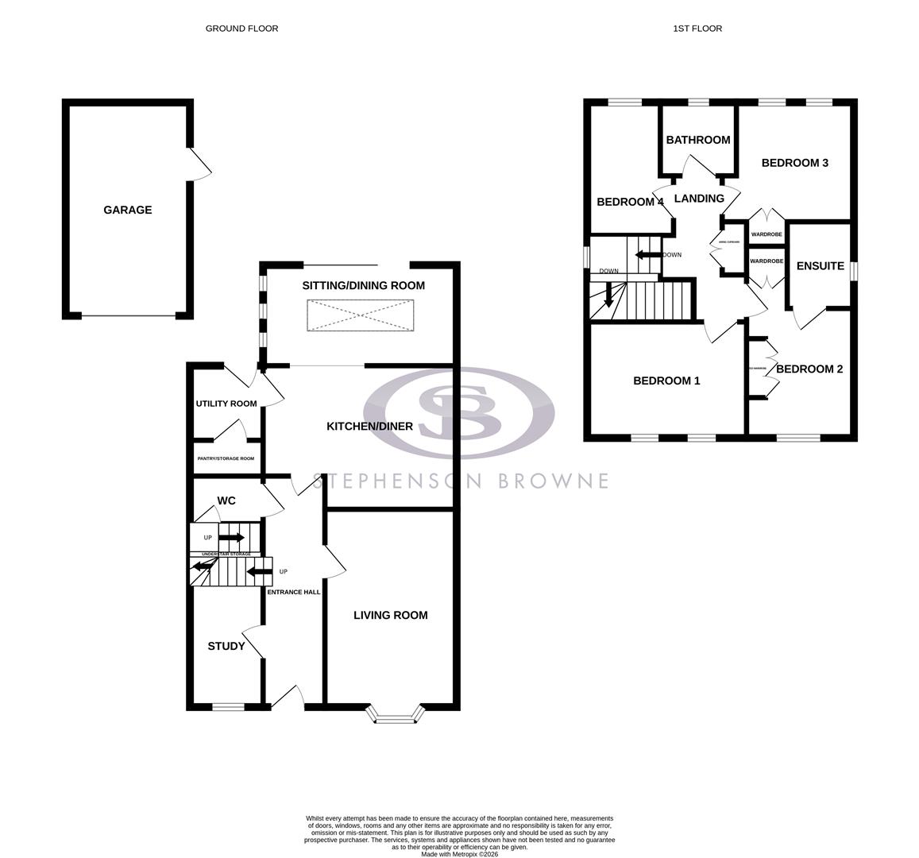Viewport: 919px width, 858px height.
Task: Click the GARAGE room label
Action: (127, 210)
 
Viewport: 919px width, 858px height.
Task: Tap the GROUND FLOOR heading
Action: (241, 29)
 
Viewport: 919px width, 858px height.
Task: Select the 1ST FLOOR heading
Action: (697, 29)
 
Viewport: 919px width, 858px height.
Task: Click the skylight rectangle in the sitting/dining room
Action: (361, 315)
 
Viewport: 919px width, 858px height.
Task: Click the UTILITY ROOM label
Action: (226, 404)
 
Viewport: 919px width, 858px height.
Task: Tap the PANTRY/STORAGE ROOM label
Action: (226, 458)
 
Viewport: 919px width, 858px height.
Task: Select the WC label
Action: (226, 501)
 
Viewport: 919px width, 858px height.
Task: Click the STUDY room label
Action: (226, 646)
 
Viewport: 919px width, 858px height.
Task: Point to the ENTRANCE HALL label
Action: (293, 592)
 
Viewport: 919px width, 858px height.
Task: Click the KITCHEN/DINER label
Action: (370, 427)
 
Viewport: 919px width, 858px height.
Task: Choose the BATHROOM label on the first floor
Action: (698, 140)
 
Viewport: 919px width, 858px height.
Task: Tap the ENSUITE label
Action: (820, 266)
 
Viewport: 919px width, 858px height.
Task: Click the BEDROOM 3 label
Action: (795, 163)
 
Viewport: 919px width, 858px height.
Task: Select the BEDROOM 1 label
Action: (666, 381)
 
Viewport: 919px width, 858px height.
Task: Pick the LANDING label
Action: (699, 199)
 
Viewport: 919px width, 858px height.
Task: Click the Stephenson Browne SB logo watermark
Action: (459, 413)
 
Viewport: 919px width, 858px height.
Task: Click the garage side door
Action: (199, 164)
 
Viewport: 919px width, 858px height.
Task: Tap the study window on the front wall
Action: (228, 705)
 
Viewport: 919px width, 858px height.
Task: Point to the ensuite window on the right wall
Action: (855, 271)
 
